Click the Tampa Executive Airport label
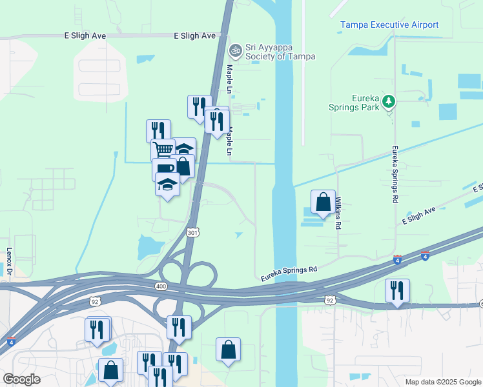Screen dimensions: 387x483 pyautogui.click(x=389, y=25)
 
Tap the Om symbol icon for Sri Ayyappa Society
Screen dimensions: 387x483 pyautogui.click(x=236, y=49)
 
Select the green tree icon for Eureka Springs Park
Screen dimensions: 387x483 pyautogui.click(x=388, y=101)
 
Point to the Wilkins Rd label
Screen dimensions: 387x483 pyautogui.click(x=337, y=213)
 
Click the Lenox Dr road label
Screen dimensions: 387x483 pyautogui.click(x=10, y=263)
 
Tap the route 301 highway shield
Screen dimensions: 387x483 pyautogui.click(x=192, y=232)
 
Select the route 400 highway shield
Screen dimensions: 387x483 pyautogui.click(x=159, y=285)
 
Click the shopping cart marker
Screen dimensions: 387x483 pyautogui.click(x=163, y=150)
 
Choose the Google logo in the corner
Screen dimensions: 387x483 pyautogui.click(x=21, y=379)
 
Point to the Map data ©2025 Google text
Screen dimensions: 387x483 pyautogui.click(x=442, y=382)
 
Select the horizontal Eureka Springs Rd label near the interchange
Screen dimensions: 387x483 pyautogui.click(x=289, y=273)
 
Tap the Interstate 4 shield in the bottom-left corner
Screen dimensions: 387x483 pyautogui.click(x=11, y=341)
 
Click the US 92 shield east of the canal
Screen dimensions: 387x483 pyautogui.click(x=329, y=300)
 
